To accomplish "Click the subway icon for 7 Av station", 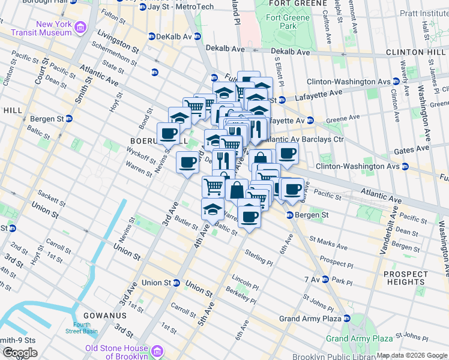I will coord(325,280).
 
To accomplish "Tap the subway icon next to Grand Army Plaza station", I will coord(345,319).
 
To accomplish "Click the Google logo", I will coord(20,353).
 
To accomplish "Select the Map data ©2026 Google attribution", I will coord(412,355).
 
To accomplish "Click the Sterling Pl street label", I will coord(259,259).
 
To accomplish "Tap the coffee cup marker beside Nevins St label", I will coord(169,134).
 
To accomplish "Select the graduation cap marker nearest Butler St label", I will coord(212,210).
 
